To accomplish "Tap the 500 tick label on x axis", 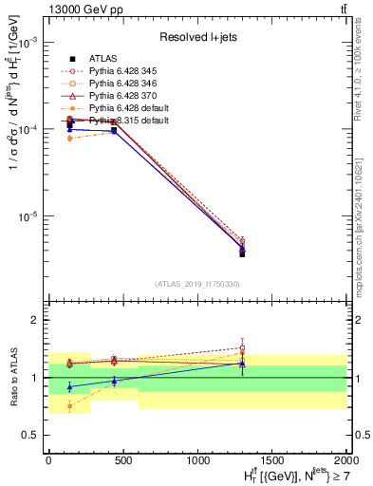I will coord(122,459).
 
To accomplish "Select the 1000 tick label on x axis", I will coord(196,459).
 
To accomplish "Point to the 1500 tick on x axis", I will coord(271,459).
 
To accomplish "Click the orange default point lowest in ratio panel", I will coord(70,405).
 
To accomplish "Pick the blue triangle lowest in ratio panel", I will coord(70,387).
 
